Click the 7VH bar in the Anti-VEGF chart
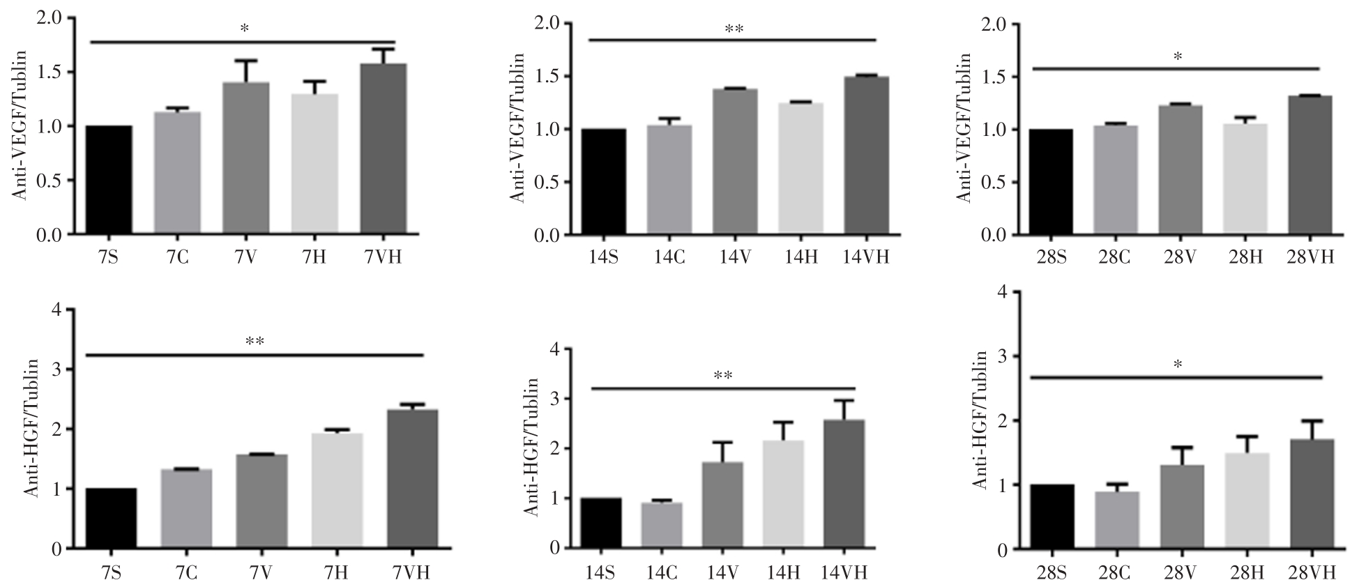(x=384, y=149)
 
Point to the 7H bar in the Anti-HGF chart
(x=337, y=491)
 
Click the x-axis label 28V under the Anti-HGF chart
(x=1181, y=573)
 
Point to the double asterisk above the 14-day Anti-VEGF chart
(x=734, y=29)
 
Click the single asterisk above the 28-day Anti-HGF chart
(x=1178, y=365)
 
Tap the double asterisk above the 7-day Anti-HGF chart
(x=255, y=342)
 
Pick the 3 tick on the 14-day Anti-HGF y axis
(x=554, y=399)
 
